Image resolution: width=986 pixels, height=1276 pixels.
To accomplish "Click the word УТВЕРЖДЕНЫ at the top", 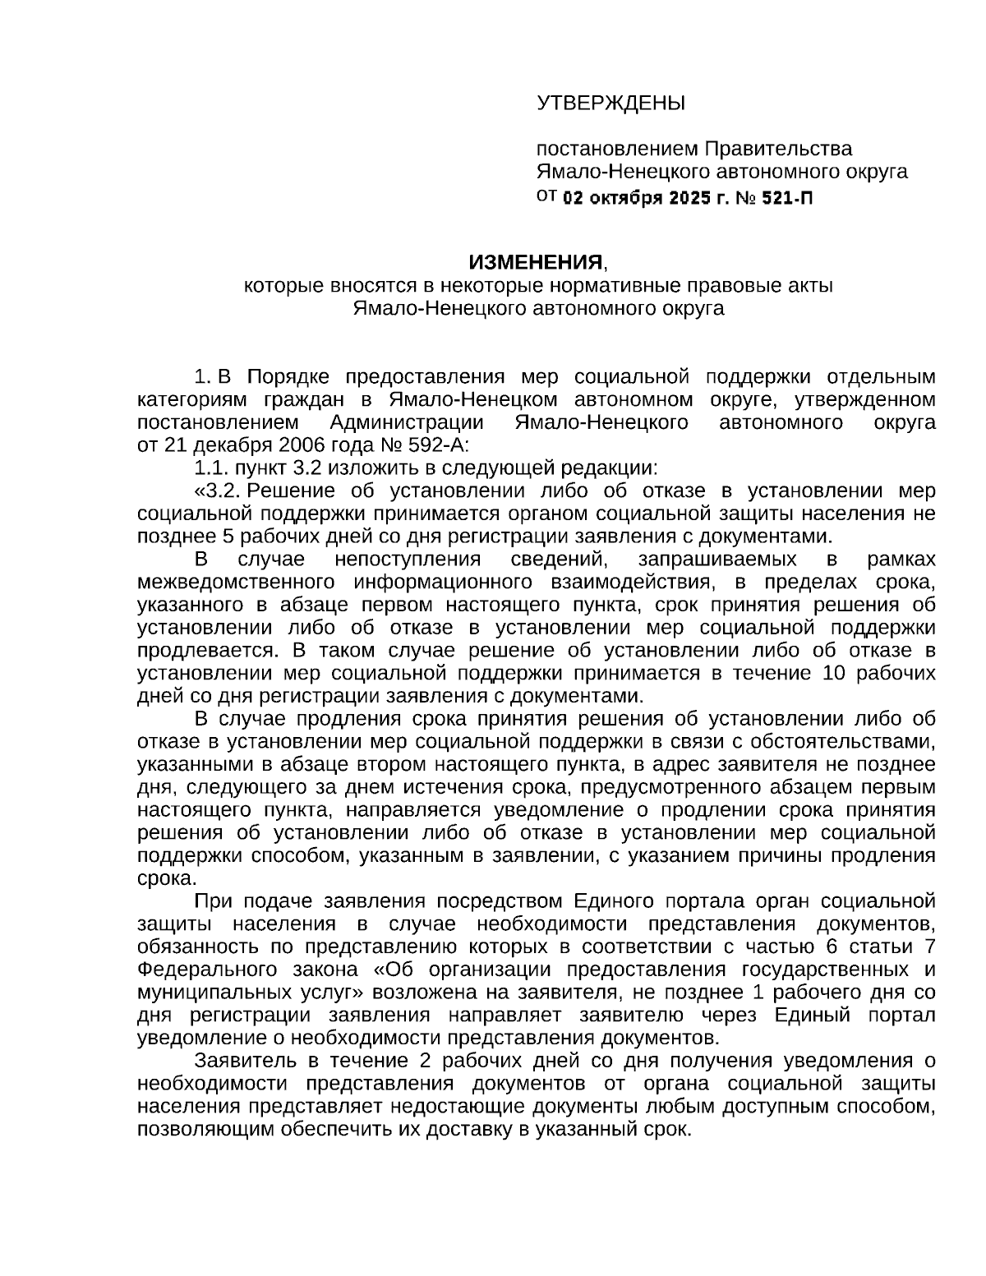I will point(610,103).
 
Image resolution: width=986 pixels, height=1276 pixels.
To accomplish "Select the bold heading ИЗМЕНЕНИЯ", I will point(536,263).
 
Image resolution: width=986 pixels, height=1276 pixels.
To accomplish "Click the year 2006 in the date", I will point(300,445).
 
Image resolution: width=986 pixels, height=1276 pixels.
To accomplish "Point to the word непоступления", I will point(407,560).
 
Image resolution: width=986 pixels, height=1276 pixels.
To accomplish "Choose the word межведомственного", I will point(235,583).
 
